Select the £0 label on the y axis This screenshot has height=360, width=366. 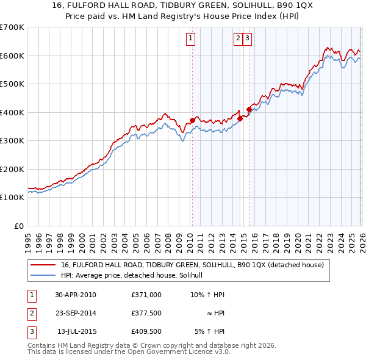tap(20, 226)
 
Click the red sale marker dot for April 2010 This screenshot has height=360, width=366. tap(192, 120)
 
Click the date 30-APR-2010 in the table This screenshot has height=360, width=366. tap(76, 295)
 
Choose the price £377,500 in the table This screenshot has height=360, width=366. tap(146, 313)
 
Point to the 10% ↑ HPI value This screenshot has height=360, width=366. tap(208, 295)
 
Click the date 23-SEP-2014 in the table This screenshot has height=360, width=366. tap(76, 313)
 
